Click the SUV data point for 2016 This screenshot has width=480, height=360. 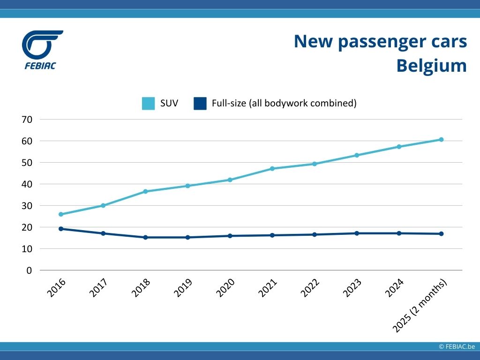click(x=61, y=214)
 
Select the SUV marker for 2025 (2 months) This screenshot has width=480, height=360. click(x=441, y=140)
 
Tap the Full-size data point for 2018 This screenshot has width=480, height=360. click(x=145, y=237)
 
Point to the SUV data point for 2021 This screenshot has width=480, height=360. click(x=272, y=168)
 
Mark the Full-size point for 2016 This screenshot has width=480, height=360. click(x=61, y=229)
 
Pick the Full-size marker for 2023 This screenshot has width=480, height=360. click(x=357, y=233)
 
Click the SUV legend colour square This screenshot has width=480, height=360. click(x=148, y=103)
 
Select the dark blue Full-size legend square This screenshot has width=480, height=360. click(x=200, y=103)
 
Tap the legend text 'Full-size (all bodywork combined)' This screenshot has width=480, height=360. click(x=284, y=103)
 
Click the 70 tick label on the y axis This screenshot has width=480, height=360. click(x=27, y=120)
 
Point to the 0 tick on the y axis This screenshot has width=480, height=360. click(x=29, y=270)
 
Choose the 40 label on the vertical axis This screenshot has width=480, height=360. click(x=27, y=184)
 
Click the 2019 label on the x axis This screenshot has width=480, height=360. click(x=183, y=288)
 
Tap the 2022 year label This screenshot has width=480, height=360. click(x=310, y=288)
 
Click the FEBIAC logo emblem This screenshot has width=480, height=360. click(x=41, y=45)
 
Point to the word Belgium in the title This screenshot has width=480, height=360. click(x=431, y=65)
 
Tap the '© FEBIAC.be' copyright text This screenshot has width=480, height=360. click(x=457, y=346)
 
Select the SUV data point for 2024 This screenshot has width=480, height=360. click(x=399, y=147)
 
